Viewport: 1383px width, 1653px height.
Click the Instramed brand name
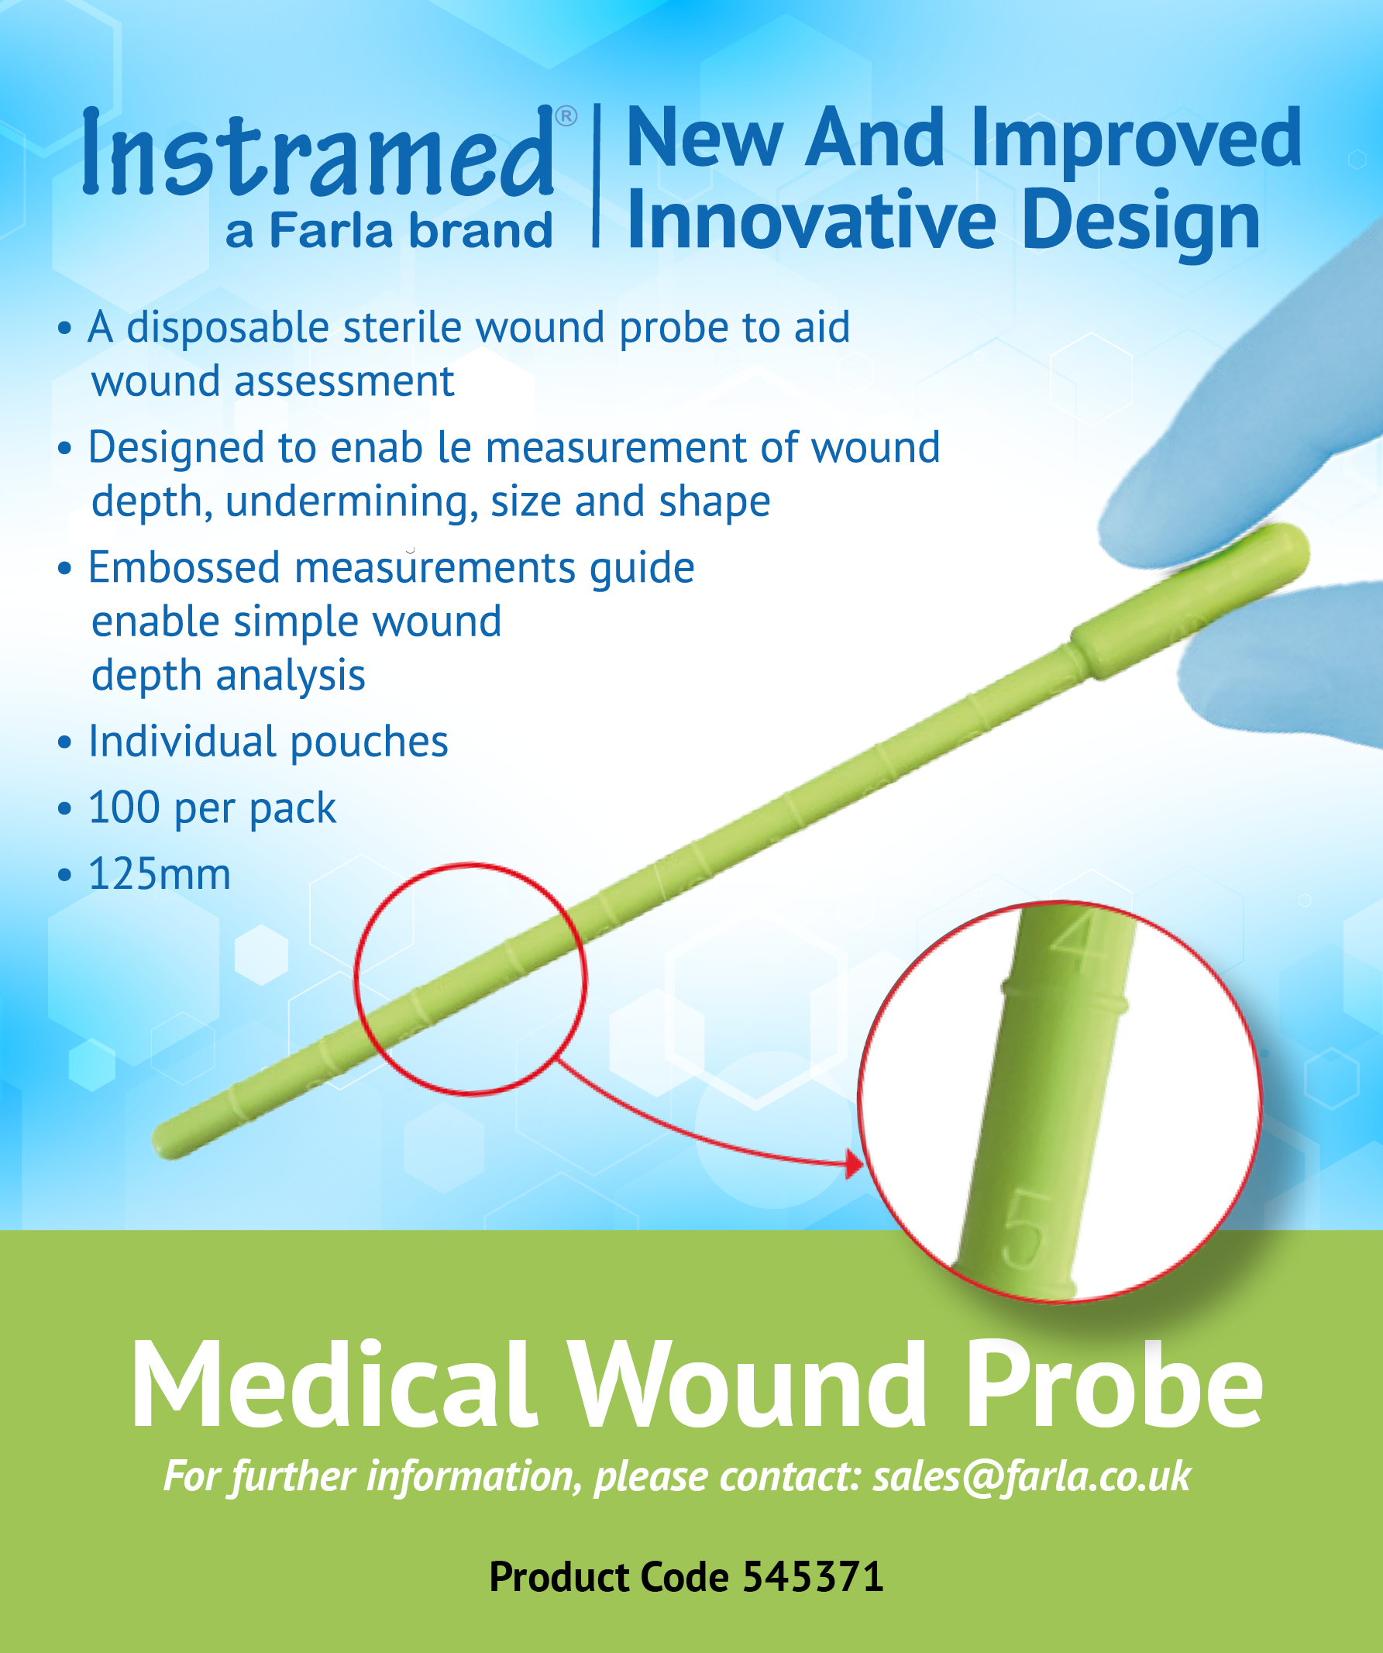coord(318,153)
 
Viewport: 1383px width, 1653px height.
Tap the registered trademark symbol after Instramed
coord(566,116)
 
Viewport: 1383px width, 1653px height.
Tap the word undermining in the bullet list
coord(351,502)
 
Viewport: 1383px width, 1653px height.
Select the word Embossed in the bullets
coord(184,567)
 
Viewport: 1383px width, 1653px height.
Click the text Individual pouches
coord(267,742)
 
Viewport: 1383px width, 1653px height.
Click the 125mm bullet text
coord(159,874)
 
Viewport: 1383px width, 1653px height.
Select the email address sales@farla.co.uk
coord(1031,1476)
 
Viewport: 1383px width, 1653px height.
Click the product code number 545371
coord(812,1576)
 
